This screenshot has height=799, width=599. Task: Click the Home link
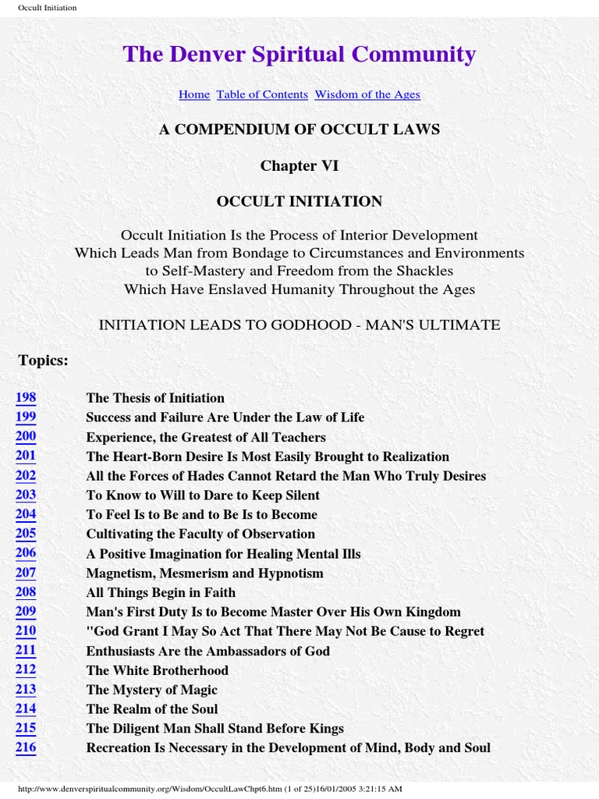tap(194, 94)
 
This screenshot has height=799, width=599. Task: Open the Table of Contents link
tap(262, 94)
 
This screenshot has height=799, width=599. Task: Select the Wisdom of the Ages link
tap(367, 94)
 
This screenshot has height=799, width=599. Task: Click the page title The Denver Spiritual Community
tap(299, 54)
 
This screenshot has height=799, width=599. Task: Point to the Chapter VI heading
tap(299, 165)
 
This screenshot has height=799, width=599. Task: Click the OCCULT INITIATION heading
tap(299, 201)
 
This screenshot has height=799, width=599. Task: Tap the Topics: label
tap(43, 360)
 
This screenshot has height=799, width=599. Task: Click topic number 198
tap(26, 398)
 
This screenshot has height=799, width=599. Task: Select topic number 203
tap(26, 495)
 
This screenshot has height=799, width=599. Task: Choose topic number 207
tap(26, 573)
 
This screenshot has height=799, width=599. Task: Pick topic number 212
tap(26, 670)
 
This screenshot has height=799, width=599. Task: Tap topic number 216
tap(26, 748)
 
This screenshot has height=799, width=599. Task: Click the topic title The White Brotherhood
tap(158, 670)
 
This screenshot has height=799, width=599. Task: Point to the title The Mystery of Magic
tap(151, 690)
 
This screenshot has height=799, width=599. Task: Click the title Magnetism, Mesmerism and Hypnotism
tap(204, 573)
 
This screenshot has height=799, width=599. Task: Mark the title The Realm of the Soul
tap(152, 709)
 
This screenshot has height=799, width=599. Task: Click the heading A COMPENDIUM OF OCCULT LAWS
tap(299, 130)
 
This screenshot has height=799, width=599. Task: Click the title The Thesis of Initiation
tap(155, 398)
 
